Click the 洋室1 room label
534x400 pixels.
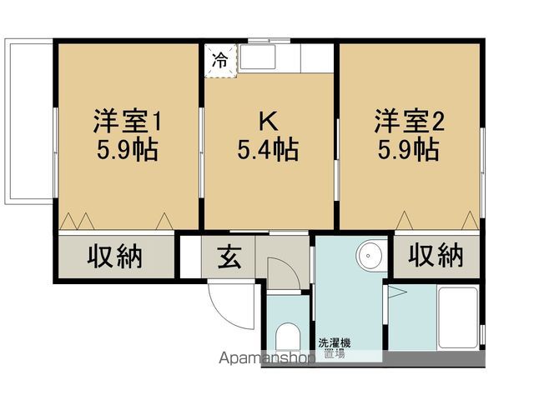coord(127,121)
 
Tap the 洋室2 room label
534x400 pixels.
coord(409,121)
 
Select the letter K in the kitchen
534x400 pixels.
coord(269,121)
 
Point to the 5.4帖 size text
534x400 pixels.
coord(268,149)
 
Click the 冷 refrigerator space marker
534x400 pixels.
coord(220,61)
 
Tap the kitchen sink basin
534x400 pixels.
coord(258,57)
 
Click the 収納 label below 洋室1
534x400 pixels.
coord(115,256)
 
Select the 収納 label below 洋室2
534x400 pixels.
coord(436,254)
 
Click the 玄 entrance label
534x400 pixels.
coord(229,257)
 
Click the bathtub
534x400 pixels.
coord(458,317)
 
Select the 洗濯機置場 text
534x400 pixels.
coord(334,348)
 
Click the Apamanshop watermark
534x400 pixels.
coord(267,358)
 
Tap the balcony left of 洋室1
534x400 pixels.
coord(29,122)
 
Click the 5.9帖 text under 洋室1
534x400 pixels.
coord(128,149)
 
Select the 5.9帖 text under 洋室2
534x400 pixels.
coord(408,149)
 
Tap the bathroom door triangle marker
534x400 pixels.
coord(395,292)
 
